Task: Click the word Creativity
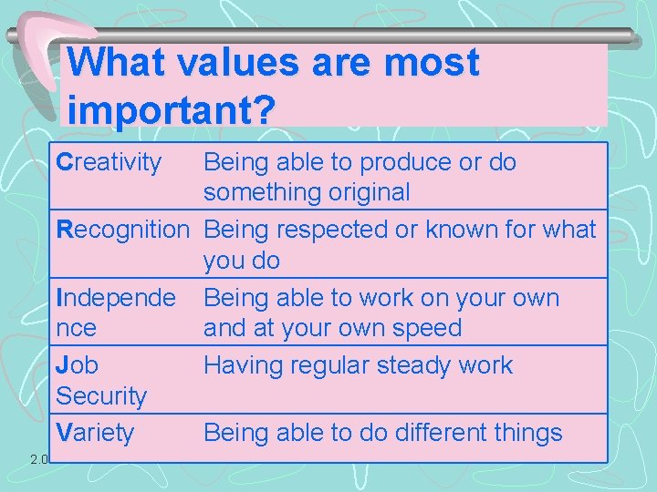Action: tap(109, 163)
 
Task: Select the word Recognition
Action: tap(121, 230)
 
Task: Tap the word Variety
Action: tap(95, 433)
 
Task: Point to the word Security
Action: tap(101, 396)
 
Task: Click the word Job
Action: tap(78, 365)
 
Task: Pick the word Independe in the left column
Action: tap(116, 298)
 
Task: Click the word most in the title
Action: tap(432, 64)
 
